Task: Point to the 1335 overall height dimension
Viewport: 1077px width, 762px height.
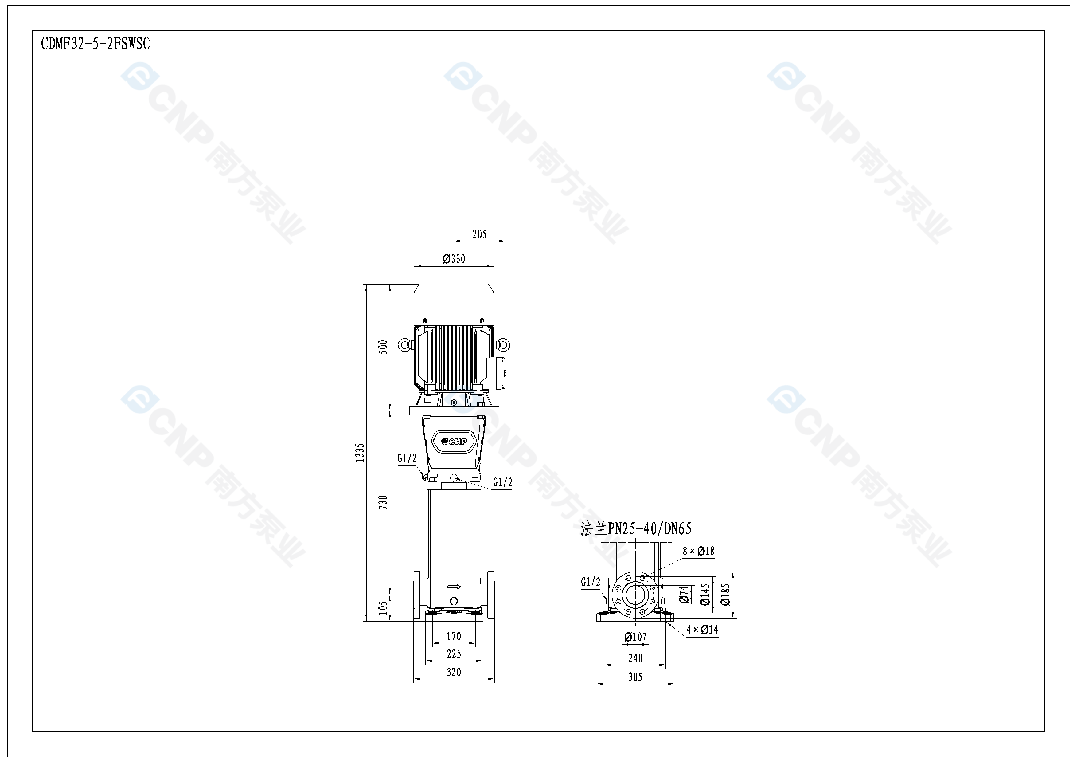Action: (360, 453)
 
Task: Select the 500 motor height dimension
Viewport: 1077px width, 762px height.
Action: (383, 347)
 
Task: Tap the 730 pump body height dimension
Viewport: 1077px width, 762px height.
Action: (383, 502)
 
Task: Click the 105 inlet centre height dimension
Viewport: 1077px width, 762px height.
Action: (383, 608)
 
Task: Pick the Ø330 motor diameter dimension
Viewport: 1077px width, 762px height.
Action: (454, 258)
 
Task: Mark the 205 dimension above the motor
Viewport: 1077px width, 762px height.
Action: (479, 234)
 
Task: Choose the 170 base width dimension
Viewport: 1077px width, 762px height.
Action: (454, 636)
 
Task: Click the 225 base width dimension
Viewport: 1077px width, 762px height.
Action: (454, 654)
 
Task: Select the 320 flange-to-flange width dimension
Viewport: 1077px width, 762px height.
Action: (454, 672)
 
